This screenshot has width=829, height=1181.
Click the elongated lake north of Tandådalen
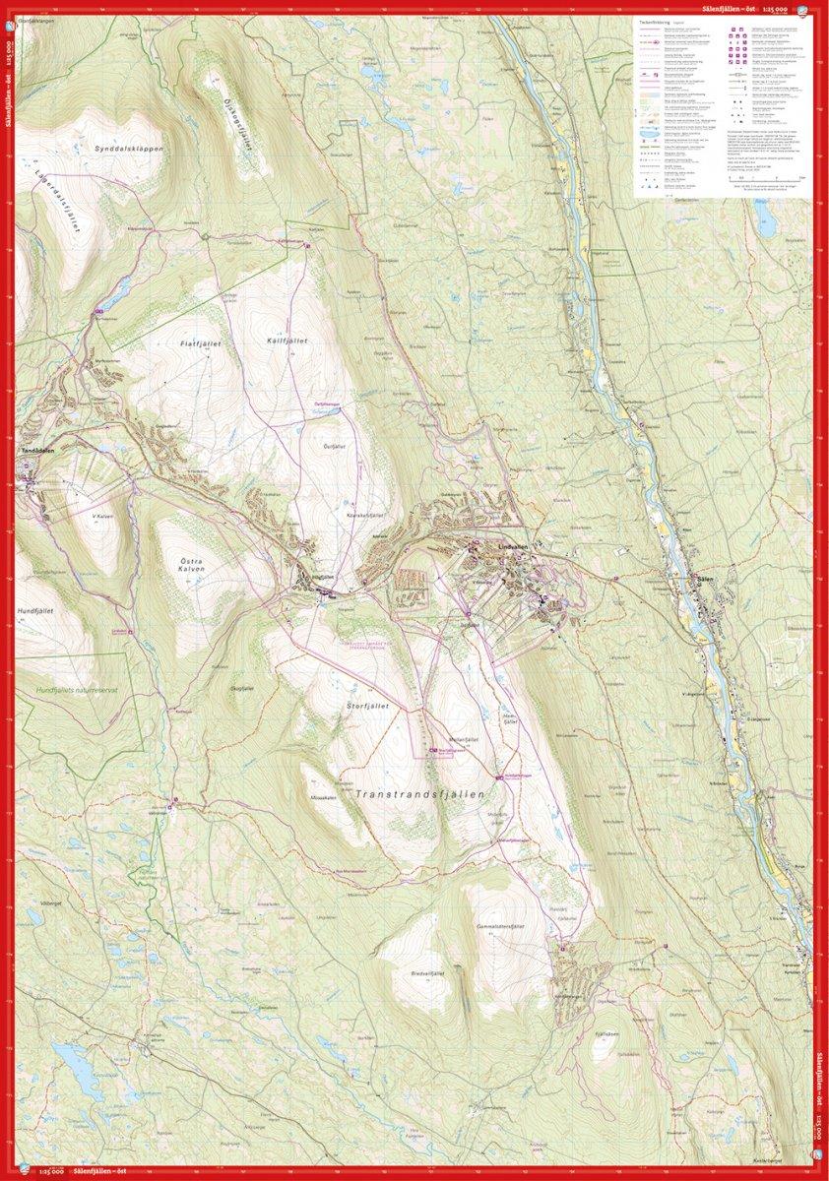114,293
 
